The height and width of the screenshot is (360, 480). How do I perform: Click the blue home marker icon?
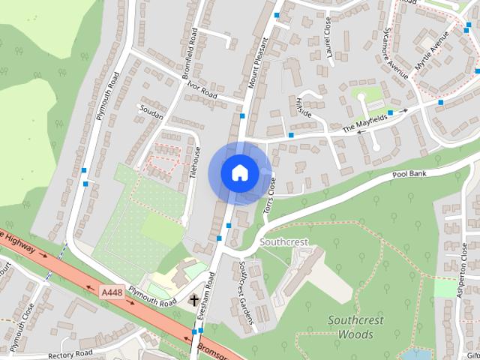(x=239, y=172)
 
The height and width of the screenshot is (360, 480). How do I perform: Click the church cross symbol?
(x=194, y=300)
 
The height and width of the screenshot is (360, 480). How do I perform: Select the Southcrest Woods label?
(x=355, y=327)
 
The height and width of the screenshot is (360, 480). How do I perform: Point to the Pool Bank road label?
(x=409, y=174)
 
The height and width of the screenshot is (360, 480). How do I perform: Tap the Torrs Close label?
(x=270, y=196)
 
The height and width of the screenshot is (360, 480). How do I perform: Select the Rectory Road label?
(x=69, y=353)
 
